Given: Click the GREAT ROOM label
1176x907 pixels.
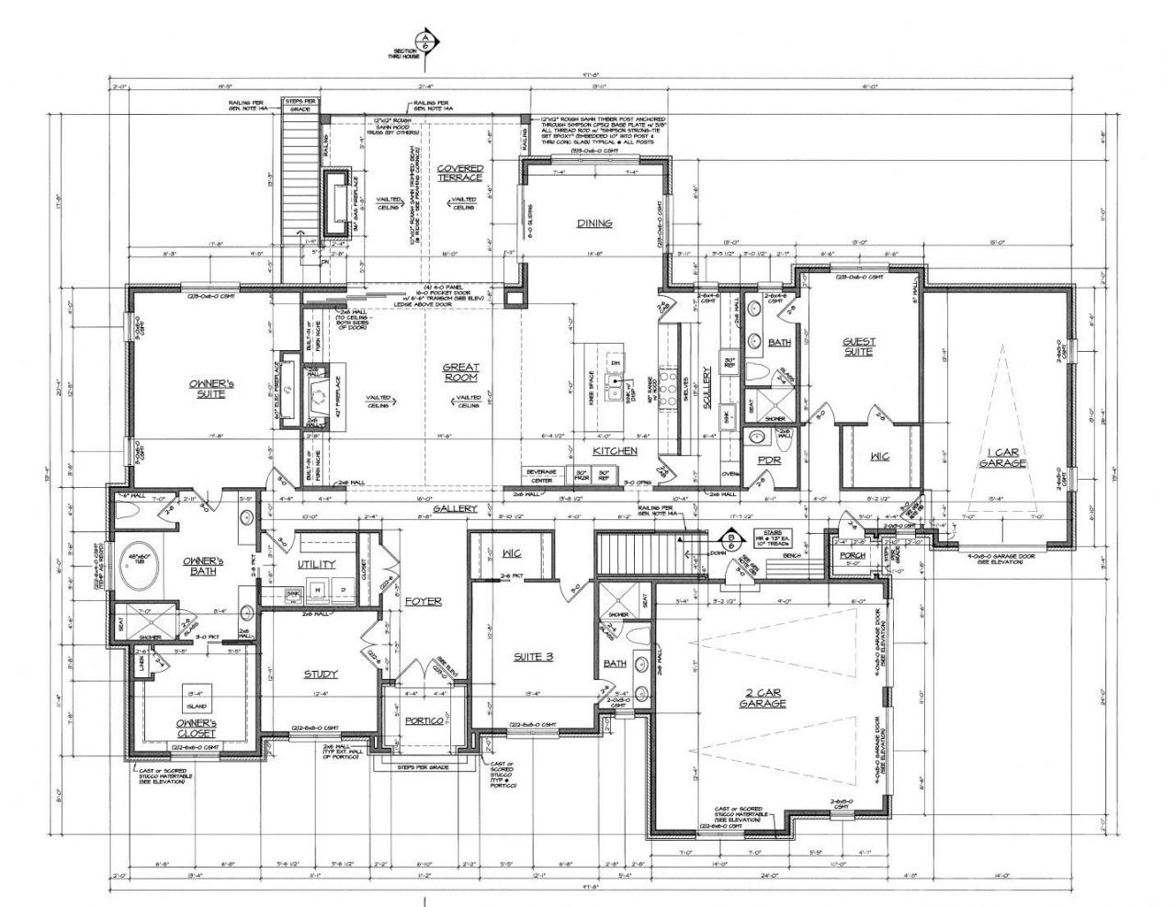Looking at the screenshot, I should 461,372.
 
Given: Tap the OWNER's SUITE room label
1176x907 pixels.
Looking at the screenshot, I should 207,388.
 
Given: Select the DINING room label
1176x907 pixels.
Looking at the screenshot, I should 594,223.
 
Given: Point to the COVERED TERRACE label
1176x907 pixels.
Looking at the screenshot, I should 459,173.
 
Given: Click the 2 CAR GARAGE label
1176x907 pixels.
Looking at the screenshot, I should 763,697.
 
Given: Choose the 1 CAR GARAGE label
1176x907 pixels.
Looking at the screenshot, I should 1001,459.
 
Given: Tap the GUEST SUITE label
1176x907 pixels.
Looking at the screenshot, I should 858,346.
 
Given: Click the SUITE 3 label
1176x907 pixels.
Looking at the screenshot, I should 534,657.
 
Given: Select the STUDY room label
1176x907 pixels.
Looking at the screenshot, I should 321,674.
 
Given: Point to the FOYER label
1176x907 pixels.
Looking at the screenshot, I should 424,601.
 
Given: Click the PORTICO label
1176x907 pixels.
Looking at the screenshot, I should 424,720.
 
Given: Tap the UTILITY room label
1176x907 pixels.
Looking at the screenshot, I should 315,563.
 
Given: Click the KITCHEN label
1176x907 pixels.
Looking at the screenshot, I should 615,451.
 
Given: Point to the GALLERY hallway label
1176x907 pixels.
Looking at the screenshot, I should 456,508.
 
